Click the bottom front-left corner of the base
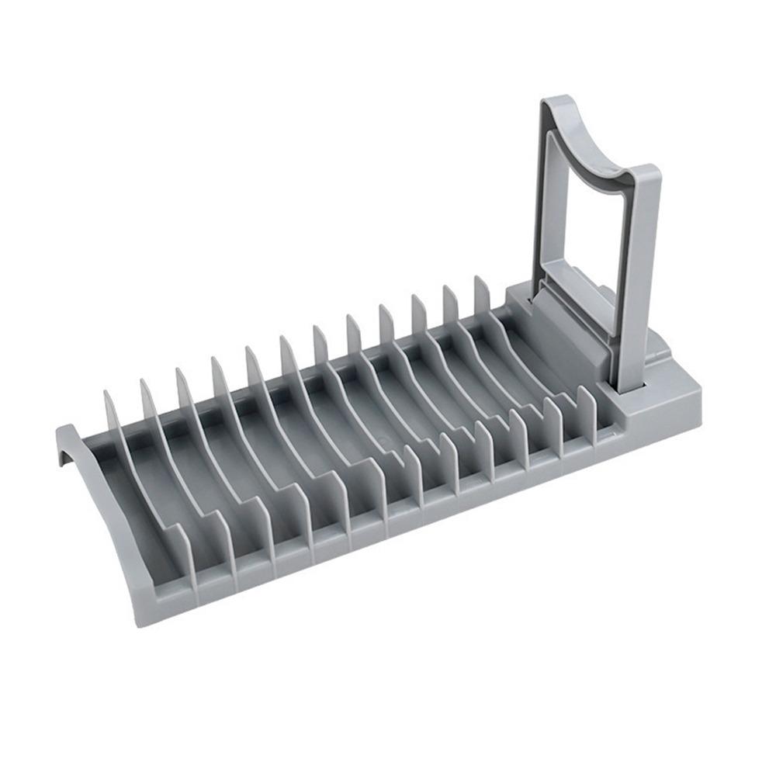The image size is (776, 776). (140, 621)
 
